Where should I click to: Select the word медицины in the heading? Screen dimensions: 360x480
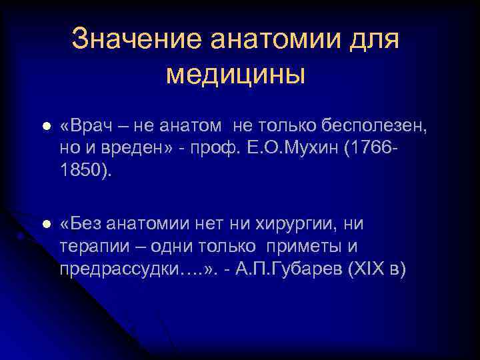coord(235,74)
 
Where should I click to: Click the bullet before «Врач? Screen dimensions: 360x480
coord(45,127)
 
